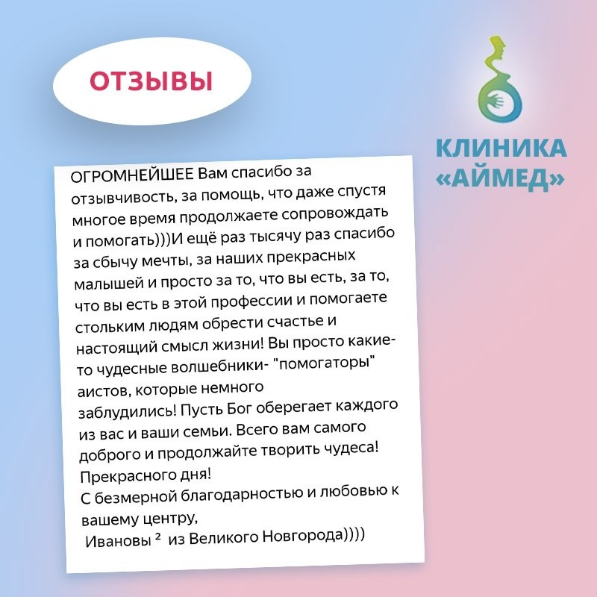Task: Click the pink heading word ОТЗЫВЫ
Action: tap(151, 81)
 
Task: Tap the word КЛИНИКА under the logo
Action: tap(501, 148)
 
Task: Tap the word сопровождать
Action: tap(334, 213)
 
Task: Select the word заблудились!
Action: tap(127, 412)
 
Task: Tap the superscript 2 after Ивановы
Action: tap(158, 537)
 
